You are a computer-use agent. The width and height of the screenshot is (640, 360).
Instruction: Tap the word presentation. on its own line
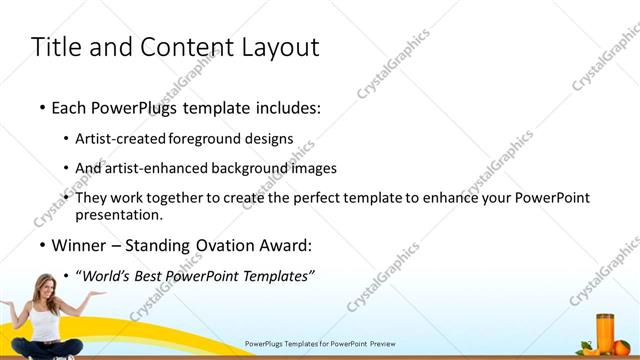118,214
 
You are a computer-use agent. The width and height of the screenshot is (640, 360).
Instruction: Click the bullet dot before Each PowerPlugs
41,106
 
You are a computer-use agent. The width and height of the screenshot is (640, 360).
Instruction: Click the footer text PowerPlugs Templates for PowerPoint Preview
320,343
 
